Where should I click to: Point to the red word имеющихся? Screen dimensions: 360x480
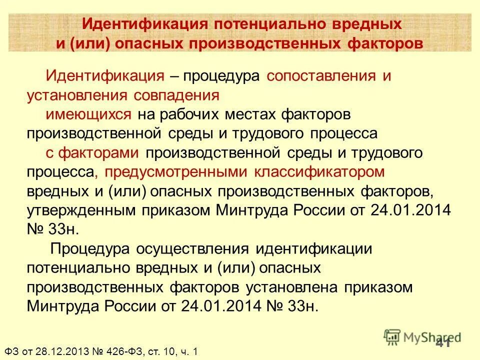point(89,114)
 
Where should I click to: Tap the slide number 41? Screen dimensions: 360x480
point(444,343)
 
